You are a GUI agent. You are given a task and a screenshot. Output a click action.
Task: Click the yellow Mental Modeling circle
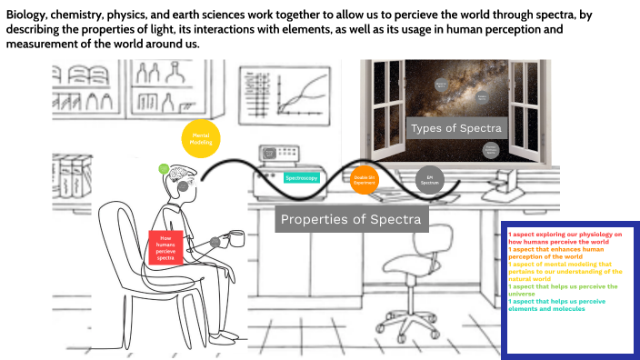[201, 138]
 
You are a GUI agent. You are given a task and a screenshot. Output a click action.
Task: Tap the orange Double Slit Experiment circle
[365, 180]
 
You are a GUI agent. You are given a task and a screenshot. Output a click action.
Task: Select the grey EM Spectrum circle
[428, 180]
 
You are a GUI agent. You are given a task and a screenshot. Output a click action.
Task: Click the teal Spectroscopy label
[302, 178]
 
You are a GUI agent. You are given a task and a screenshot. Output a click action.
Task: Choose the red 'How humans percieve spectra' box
[165, 247]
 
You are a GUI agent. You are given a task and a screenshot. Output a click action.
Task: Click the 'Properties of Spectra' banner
[351, 219]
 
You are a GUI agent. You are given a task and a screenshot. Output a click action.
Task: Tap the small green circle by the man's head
[164, 169]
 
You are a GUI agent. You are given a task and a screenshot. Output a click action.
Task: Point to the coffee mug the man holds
[235, 240]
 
